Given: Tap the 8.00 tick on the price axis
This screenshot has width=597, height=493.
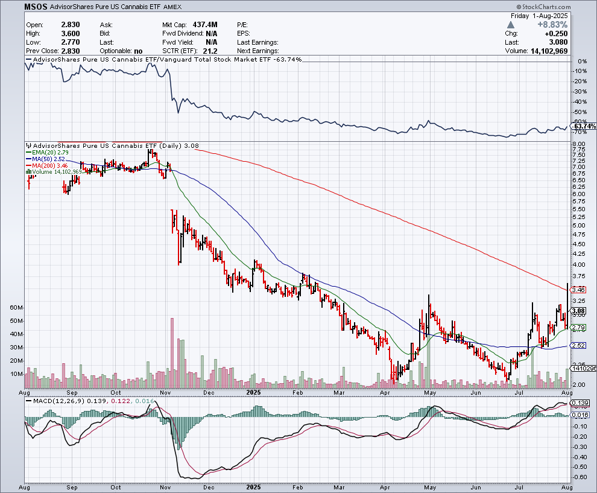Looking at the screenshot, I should (x=578, y=144).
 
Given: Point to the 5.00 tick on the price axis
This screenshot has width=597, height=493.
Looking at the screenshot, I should (x=578, y=226).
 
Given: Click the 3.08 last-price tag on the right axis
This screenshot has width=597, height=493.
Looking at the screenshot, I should (x=579, y=311).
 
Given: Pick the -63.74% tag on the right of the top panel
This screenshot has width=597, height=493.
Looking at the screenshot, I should (x=584, y=126).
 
